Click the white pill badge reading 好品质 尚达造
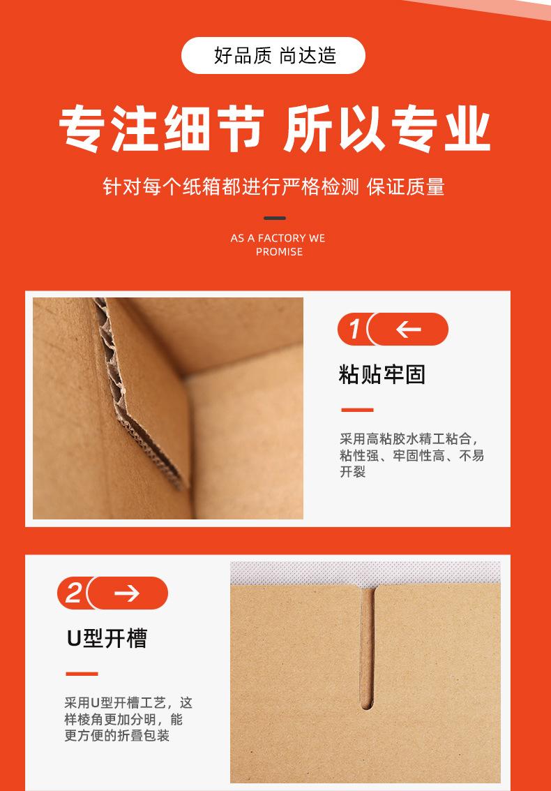(x=273, y=56)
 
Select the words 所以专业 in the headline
(x=386, y=131)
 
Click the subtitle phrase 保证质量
(x=406, y=187)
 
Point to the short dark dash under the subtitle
(x=275, y=218)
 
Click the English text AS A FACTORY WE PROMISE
(x=278, y=244)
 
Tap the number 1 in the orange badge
(x=354, y=330)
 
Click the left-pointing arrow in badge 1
(x=408, y=330)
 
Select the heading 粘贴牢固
(x=382, y=374)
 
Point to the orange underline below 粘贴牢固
(x=356, y=410)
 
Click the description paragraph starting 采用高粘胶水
(x=412, y=455)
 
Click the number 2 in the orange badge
(x=73, y=593)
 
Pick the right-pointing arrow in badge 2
(x=127, y=593)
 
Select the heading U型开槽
(x=107, y=638)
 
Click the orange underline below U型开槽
(x=82, y=674)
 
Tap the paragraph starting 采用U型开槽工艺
(x=128, y=719)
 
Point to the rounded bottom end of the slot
(x=367, y=704)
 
